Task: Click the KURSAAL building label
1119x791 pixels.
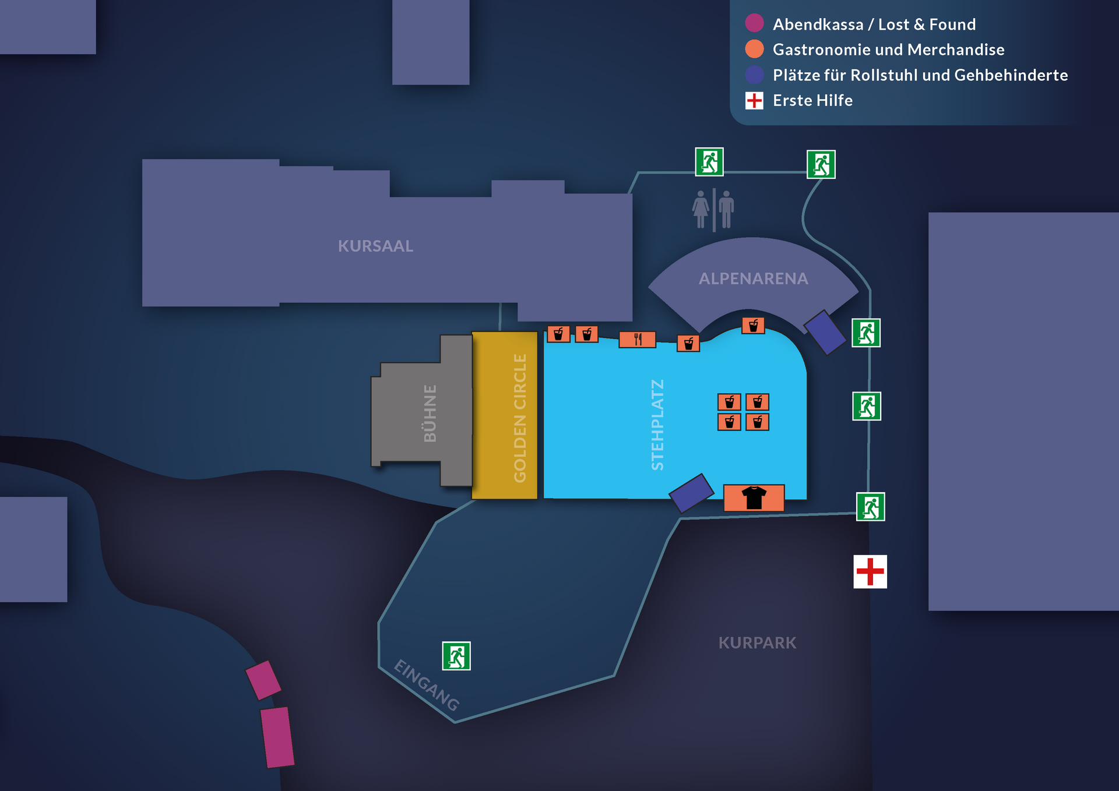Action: [x=375, y=246]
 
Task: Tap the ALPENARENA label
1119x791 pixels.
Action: [x=753, y=278]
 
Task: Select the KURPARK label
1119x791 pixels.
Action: [x=757, y=642]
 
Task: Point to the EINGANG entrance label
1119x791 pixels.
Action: [x=427, y=685]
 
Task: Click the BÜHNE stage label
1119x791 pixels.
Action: [x=430, y=413]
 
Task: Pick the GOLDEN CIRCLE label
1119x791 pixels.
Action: [x=520, y=418]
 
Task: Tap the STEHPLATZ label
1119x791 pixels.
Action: [x=657, y=425]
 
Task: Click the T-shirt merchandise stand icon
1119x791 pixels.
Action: [x=754, y=498]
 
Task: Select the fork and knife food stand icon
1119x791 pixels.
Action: [x=637, y=339]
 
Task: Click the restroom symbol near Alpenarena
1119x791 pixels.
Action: [x=713, y=210]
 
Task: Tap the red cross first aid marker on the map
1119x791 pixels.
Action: [x=870, y=571]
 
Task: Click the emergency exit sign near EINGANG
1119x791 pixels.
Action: [x=456, y=656]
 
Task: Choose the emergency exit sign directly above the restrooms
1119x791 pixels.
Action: [x=709, y=162]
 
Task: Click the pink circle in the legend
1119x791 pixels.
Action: [x=754, y=23]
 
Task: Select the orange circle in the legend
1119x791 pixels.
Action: [x=754, y=49]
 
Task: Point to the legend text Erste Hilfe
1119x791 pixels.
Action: [x=812, y=100]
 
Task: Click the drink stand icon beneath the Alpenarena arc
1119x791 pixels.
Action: [x=753, y=325]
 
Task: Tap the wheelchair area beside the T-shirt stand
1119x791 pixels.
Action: [x=692, y=493]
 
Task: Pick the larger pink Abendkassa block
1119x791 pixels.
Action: [x=277, y=737]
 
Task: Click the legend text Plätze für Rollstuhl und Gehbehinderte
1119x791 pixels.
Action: [x=920, y=75]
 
